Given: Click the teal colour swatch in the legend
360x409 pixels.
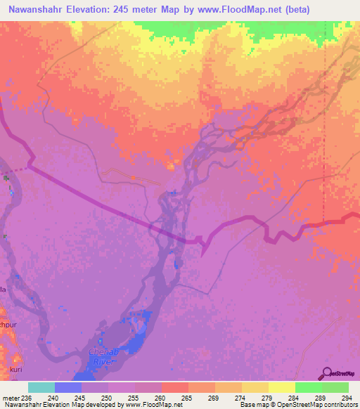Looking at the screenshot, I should [x=41, y=387].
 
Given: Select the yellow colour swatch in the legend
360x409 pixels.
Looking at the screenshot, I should [x=282, y=387].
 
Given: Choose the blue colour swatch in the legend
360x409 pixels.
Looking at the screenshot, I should [x=68, y=387].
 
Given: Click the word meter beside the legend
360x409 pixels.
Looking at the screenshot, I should [x=11, y=398].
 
